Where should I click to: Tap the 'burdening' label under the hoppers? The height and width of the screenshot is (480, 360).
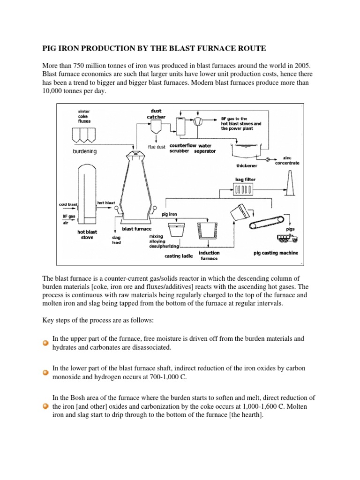(84, 151)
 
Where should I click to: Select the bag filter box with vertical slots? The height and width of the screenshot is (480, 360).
(244, 190)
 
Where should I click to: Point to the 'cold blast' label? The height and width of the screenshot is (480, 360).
(68, 204)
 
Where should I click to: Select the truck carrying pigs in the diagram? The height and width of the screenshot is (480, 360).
(286, 239)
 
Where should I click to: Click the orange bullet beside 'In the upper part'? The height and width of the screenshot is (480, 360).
(45, 343)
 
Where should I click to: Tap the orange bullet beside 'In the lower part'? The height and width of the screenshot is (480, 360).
(45, 373)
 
